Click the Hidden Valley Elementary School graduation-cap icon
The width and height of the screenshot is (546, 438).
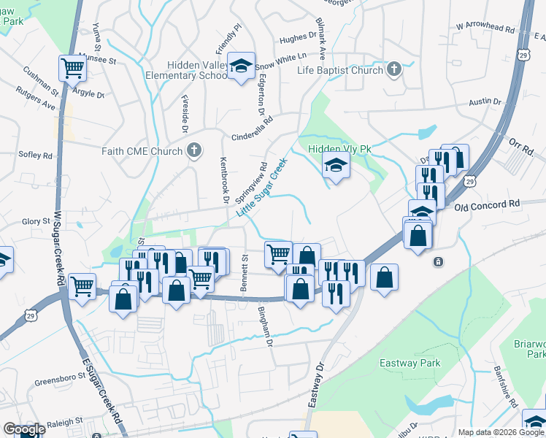tap(240, 66)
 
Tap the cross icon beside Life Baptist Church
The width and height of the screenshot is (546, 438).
tap(394, 70)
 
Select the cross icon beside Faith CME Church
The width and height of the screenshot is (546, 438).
tap(193, 151)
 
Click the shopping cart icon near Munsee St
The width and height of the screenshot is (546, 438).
tap(72, 69)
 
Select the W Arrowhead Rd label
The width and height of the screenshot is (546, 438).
tap(485, 26)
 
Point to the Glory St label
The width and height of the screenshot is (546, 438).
tap(35, 221)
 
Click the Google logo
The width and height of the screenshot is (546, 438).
tap(23, 430)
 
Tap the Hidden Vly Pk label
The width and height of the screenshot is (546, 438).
tap(339, 149)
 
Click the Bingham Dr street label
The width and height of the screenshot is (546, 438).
tap(265, 326)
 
